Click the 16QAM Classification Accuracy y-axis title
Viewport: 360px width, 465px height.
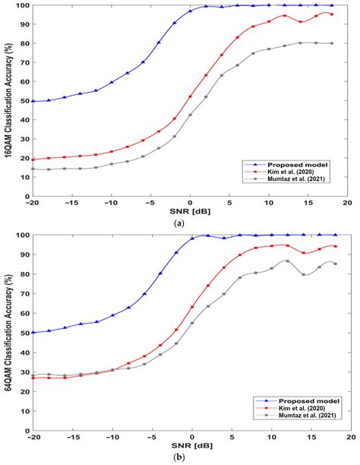coord(9,101)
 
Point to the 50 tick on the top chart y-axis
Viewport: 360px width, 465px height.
coord(24,101)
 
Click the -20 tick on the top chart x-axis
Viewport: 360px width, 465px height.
coord(33,204)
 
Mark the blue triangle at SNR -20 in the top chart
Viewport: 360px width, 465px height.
coord(33,101)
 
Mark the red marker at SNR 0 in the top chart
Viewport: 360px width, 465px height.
coord(190,96)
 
